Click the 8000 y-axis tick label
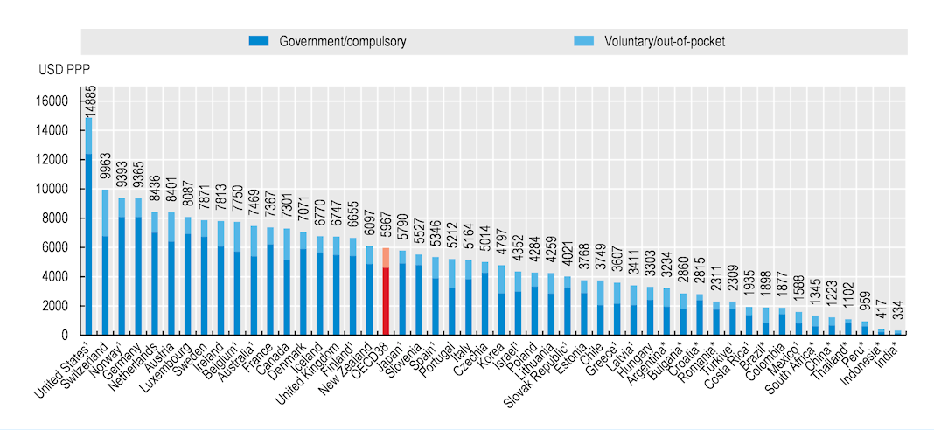(54, 218)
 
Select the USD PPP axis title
(64, 68)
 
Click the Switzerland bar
(105, 261)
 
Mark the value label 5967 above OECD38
(387, 232)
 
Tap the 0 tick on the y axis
(64, 335)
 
